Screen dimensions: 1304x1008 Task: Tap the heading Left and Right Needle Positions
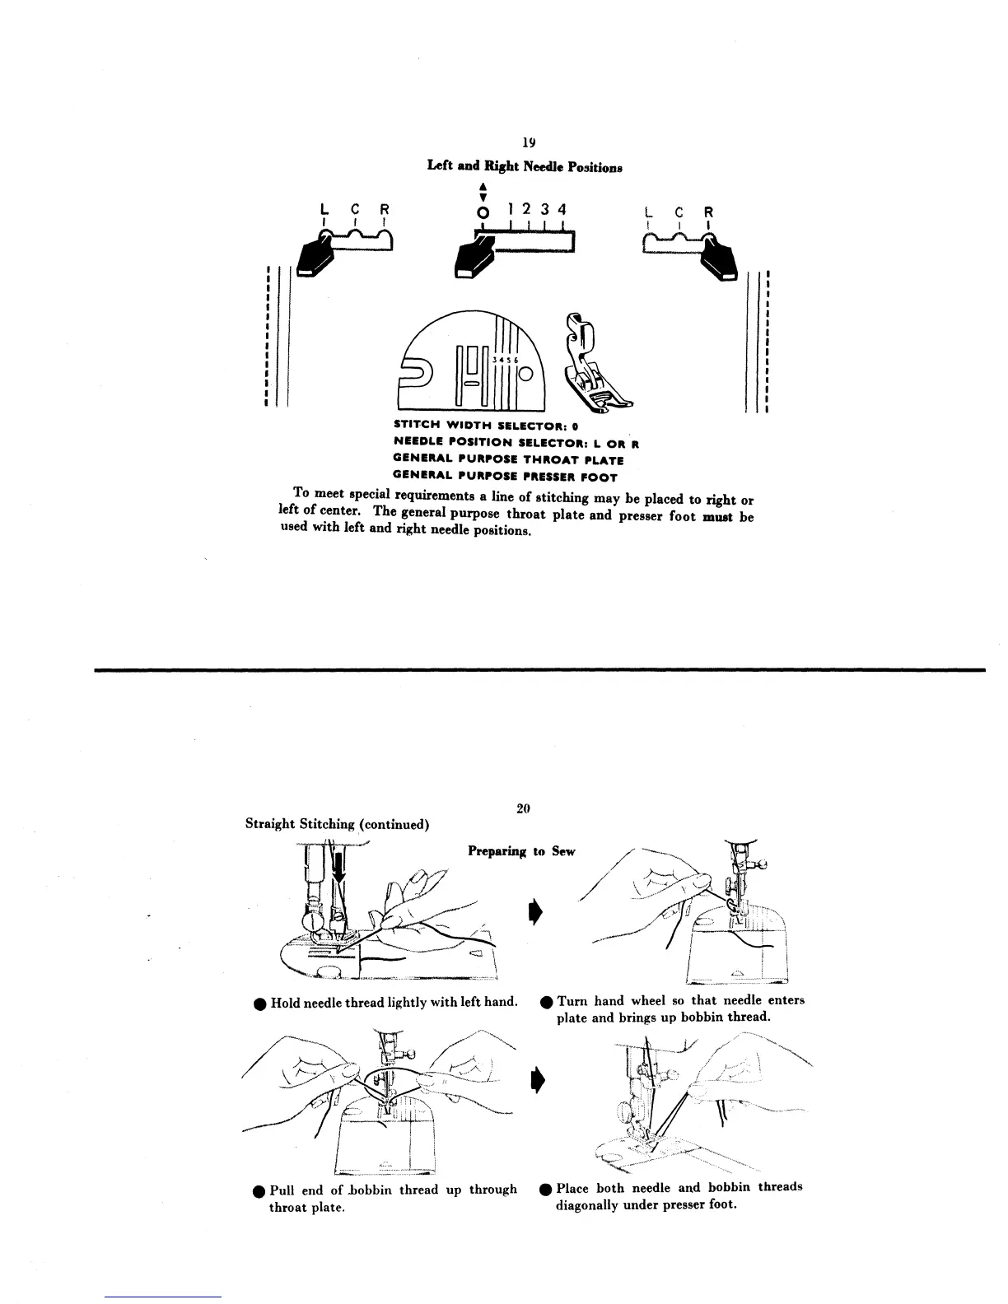(524, 165)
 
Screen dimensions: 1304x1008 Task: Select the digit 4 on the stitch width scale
(562, 209)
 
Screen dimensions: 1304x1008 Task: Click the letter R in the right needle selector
(710, 212)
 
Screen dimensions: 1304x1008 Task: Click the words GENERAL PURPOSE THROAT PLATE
(508, 460)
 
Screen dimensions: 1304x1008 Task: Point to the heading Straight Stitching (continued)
(337, 824)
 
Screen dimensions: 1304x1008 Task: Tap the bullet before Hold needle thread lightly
(259, 1004)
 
